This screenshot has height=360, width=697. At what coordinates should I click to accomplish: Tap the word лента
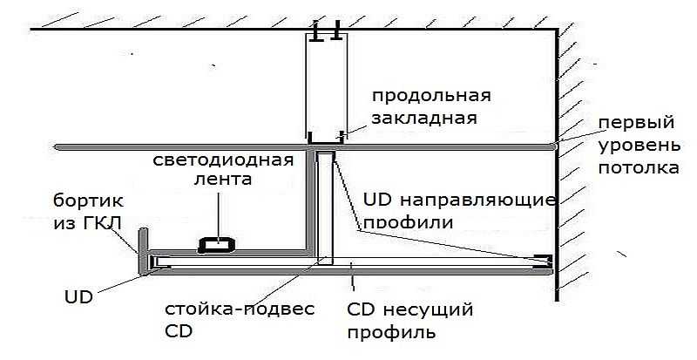(x=224, y=182)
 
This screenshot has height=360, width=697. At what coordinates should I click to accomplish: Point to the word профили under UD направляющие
(x=408, y=221)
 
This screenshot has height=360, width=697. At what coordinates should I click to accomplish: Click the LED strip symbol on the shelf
(x=213, y=244)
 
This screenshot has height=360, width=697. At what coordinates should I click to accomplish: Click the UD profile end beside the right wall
(x=544, y=261)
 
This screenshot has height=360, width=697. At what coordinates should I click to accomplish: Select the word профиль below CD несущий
(x=391, y=332)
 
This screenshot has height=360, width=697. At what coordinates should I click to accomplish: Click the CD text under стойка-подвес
(x=178, y=332)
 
